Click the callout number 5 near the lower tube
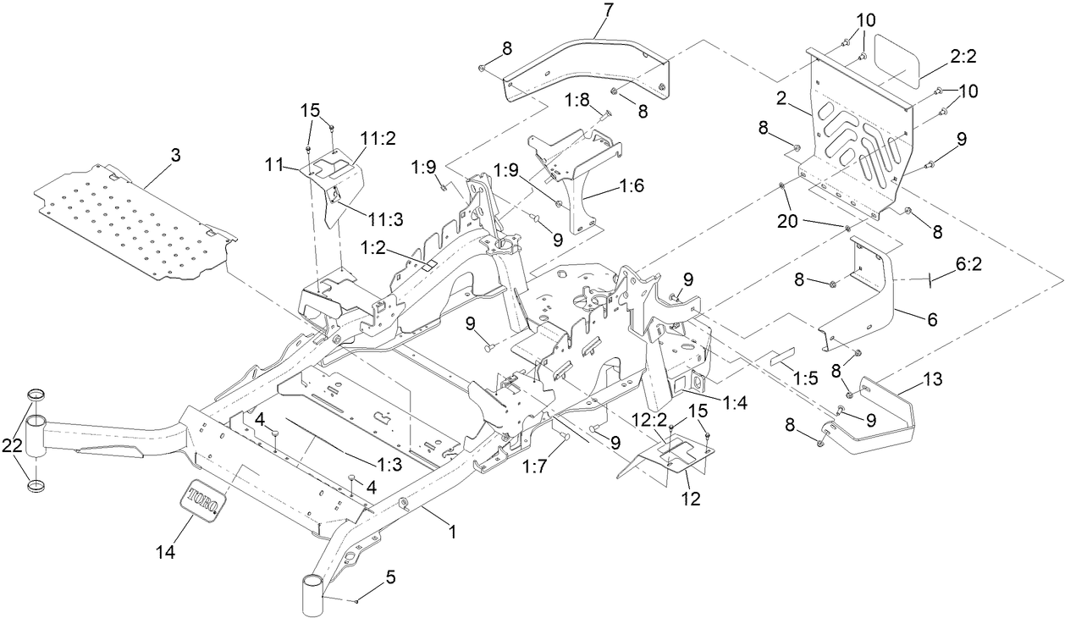point(389,578)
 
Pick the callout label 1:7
point(536,466)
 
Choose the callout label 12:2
point(648,419)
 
